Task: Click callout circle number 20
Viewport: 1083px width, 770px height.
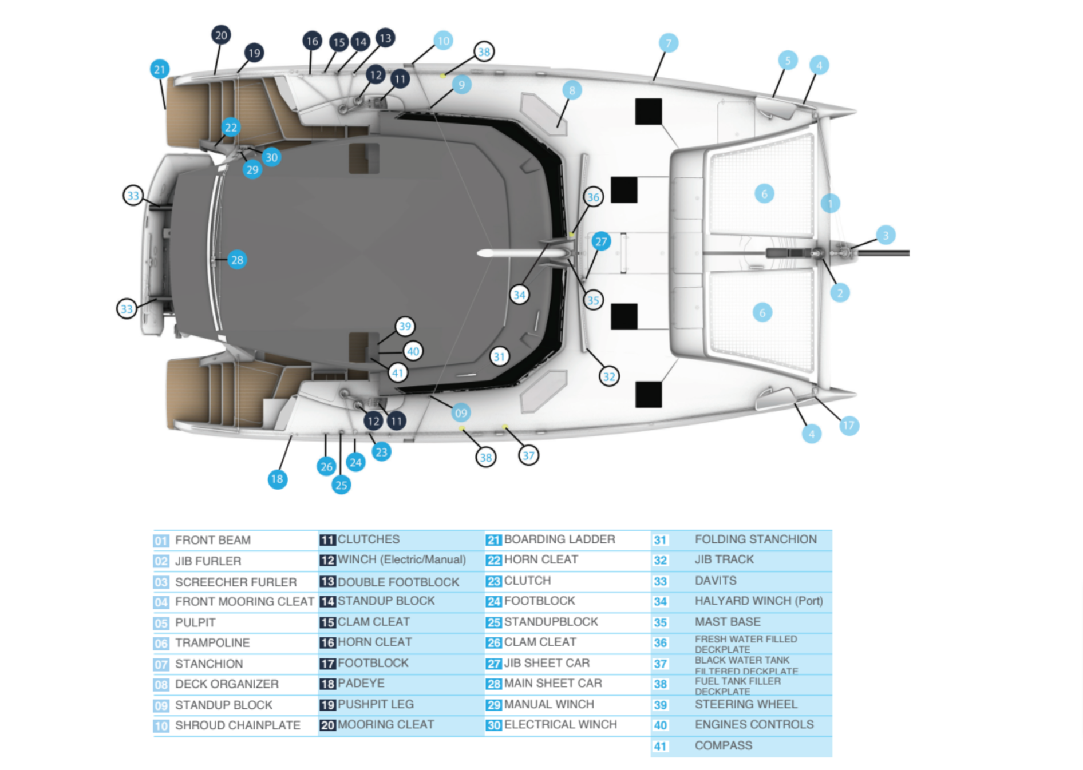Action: point(221,35)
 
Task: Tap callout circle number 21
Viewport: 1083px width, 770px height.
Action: point(160,69)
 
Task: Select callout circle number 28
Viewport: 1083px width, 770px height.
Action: point(237,260)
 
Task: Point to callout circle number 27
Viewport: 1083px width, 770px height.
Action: point(600,241)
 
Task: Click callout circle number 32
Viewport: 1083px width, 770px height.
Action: point(609,376)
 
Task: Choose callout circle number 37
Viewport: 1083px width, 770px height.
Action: point(528,455)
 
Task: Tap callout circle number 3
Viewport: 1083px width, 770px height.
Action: point(886,235)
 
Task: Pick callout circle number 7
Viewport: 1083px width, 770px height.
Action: point(668,43)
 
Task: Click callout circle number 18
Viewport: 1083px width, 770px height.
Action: point(277,479)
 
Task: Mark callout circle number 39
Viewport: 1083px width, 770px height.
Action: point(405,326)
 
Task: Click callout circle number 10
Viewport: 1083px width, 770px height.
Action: point(443,41)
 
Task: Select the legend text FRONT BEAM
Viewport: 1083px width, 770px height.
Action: point(212,540)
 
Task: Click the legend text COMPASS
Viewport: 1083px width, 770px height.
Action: point(723,745)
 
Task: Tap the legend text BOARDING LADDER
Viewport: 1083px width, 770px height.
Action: point(559,539)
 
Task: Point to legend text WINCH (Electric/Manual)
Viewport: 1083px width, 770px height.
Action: point(401,559)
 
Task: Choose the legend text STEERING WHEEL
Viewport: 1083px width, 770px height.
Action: point(745,704)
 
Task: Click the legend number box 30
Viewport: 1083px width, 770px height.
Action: point(493,725)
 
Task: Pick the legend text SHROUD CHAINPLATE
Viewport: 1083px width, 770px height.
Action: point(237,725)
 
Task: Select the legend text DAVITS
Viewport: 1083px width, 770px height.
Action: point(715,581)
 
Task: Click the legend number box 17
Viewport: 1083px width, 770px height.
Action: point(327,664)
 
